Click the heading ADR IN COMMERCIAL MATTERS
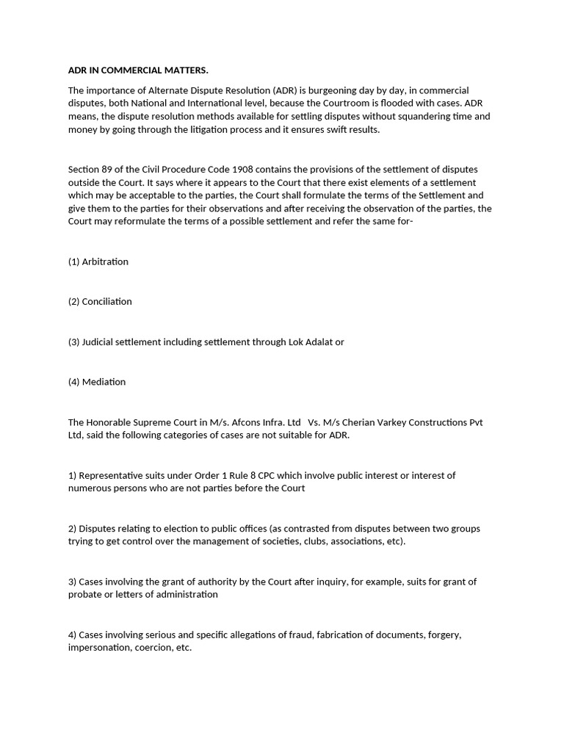(x=138, y=70)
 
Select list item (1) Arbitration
(x=98, y=262)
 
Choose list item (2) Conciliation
(x=100, y=302)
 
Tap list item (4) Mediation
(x=97, y=382)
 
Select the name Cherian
(x=360, y=422)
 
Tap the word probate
(x=86, y=595)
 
